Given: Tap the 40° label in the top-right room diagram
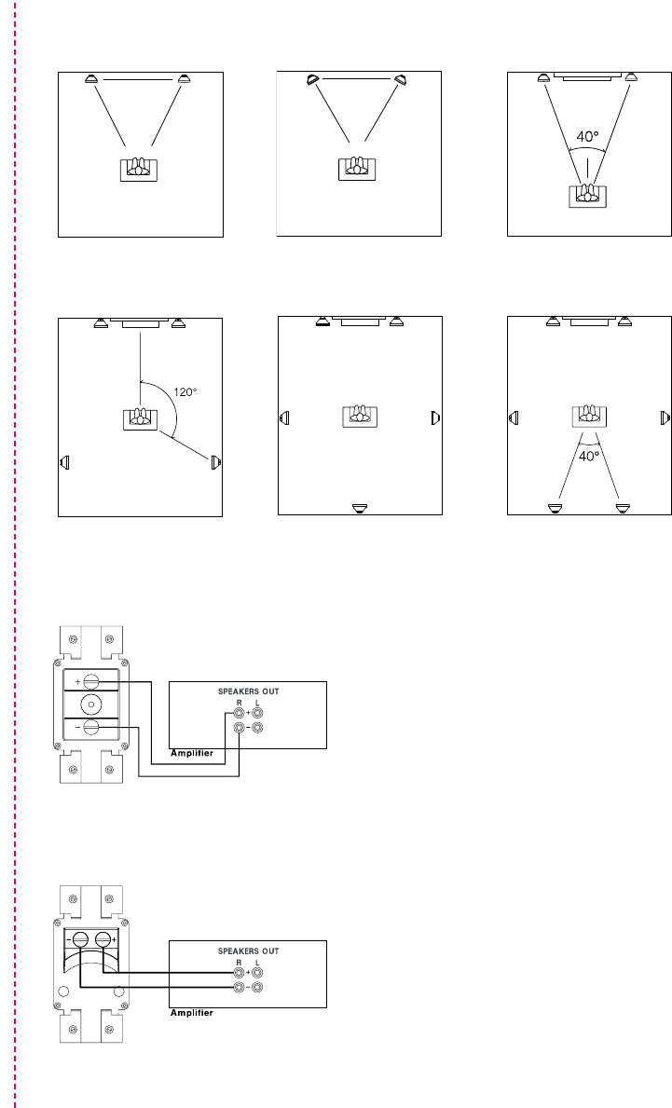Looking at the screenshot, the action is [587, 136].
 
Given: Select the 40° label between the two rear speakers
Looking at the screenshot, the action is [587, 457].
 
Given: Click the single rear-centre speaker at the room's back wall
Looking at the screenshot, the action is [360, 508].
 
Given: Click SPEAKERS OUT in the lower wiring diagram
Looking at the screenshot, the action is [248, 951].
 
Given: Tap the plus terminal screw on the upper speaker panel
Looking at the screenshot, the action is [91, 682].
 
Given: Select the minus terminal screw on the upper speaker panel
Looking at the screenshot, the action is [91, 727].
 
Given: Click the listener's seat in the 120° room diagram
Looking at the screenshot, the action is [140, 417].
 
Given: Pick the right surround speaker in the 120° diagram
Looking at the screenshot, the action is [215, 461].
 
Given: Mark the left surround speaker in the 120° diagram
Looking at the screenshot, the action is [64, 461].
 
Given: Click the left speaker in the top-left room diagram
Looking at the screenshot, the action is [90, 79].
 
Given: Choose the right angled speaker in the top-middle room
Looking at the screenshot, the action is [401, 80].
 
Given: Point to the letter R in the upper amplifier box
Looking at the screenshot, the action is [239, 704].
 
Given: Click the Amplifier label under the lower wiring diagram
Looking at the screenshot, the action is [191, 1012].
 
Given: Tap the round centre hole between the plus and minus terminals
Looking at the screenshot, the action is [91, 704].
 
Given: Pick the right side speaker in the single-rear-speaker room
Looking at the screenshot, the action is [435, 417].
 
